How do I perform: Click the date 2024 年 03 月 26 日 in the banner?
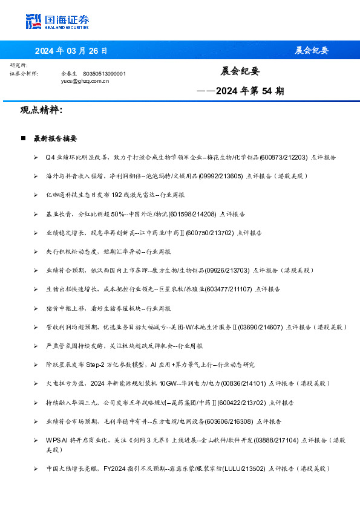click(x=71, y=50)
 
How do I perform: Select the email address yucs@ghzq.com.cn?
click(x=85, y=80)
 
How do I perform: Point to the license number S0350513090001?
click(x=104, y=73)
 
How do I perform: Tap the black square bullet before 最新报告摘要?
click(x=23, y=138)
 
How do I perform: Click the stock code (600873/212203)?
click(x=284, y=157)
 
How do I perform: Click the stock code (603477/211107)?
click(x=231, y=290)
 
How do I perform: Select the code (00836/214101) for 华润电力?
click(x=244, y=383)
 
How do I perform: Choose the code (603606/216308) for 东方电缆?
click(x=230, y=421)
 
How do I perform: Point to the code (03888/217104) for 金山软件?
click(x=276, y=440)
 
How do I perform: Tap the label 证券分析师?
click(x=25, y=73)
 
